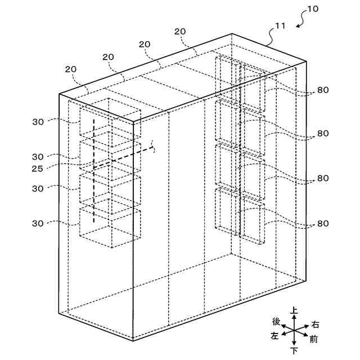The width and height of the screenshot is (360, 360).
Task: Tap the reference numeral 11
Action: click(x=280, y=25)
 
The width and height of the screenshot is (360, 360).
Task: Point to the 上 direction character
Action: click(x=294, y=310)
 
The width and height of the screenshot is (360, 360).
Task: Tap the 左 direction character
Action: click(x=274, y=336)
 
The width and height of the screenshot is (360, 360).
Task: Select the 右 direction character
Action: click(x=315, y=325)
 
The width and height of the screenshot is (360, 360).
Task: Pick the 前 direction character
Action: click(x=313, y=339)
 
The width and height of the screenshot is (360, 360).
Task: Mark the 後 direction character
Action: click(x=276, y=321)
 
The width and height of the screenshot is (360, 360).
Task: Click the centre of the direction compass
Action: click(x=294, y=331)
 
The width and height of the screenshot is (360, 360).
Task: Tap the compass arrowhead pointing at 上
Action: click(x=294, y=317)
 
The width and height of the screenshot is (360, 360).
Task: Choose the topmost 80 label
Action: click(x=322, y=89)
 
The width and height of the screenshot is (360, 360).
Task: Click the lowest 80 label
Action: click(x=322, y=223)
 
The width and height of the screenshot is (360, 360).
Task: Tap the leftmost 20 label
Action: click(x=71, y=69)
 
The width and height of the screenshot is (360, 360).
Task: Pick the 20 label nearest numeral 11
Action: click(x=181, y=31)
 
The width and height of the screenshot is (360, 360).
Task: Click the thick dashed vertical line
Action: click(x=93, y=169)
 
